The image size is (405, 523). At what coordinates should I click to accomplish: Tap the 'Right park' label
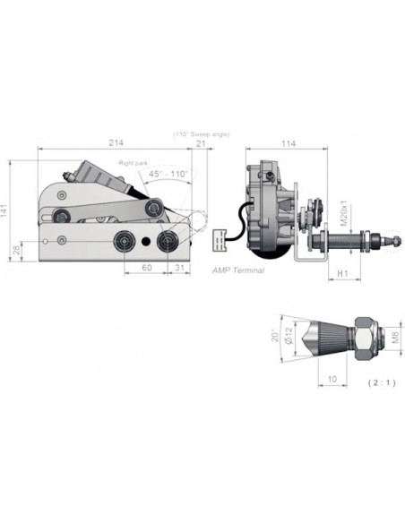click(134, 163)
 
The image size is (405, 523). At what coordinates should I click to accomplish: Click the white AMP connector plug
click(219, 241)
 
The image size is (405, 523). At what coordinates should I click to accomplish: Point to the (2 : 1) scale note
click(382, 381)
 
